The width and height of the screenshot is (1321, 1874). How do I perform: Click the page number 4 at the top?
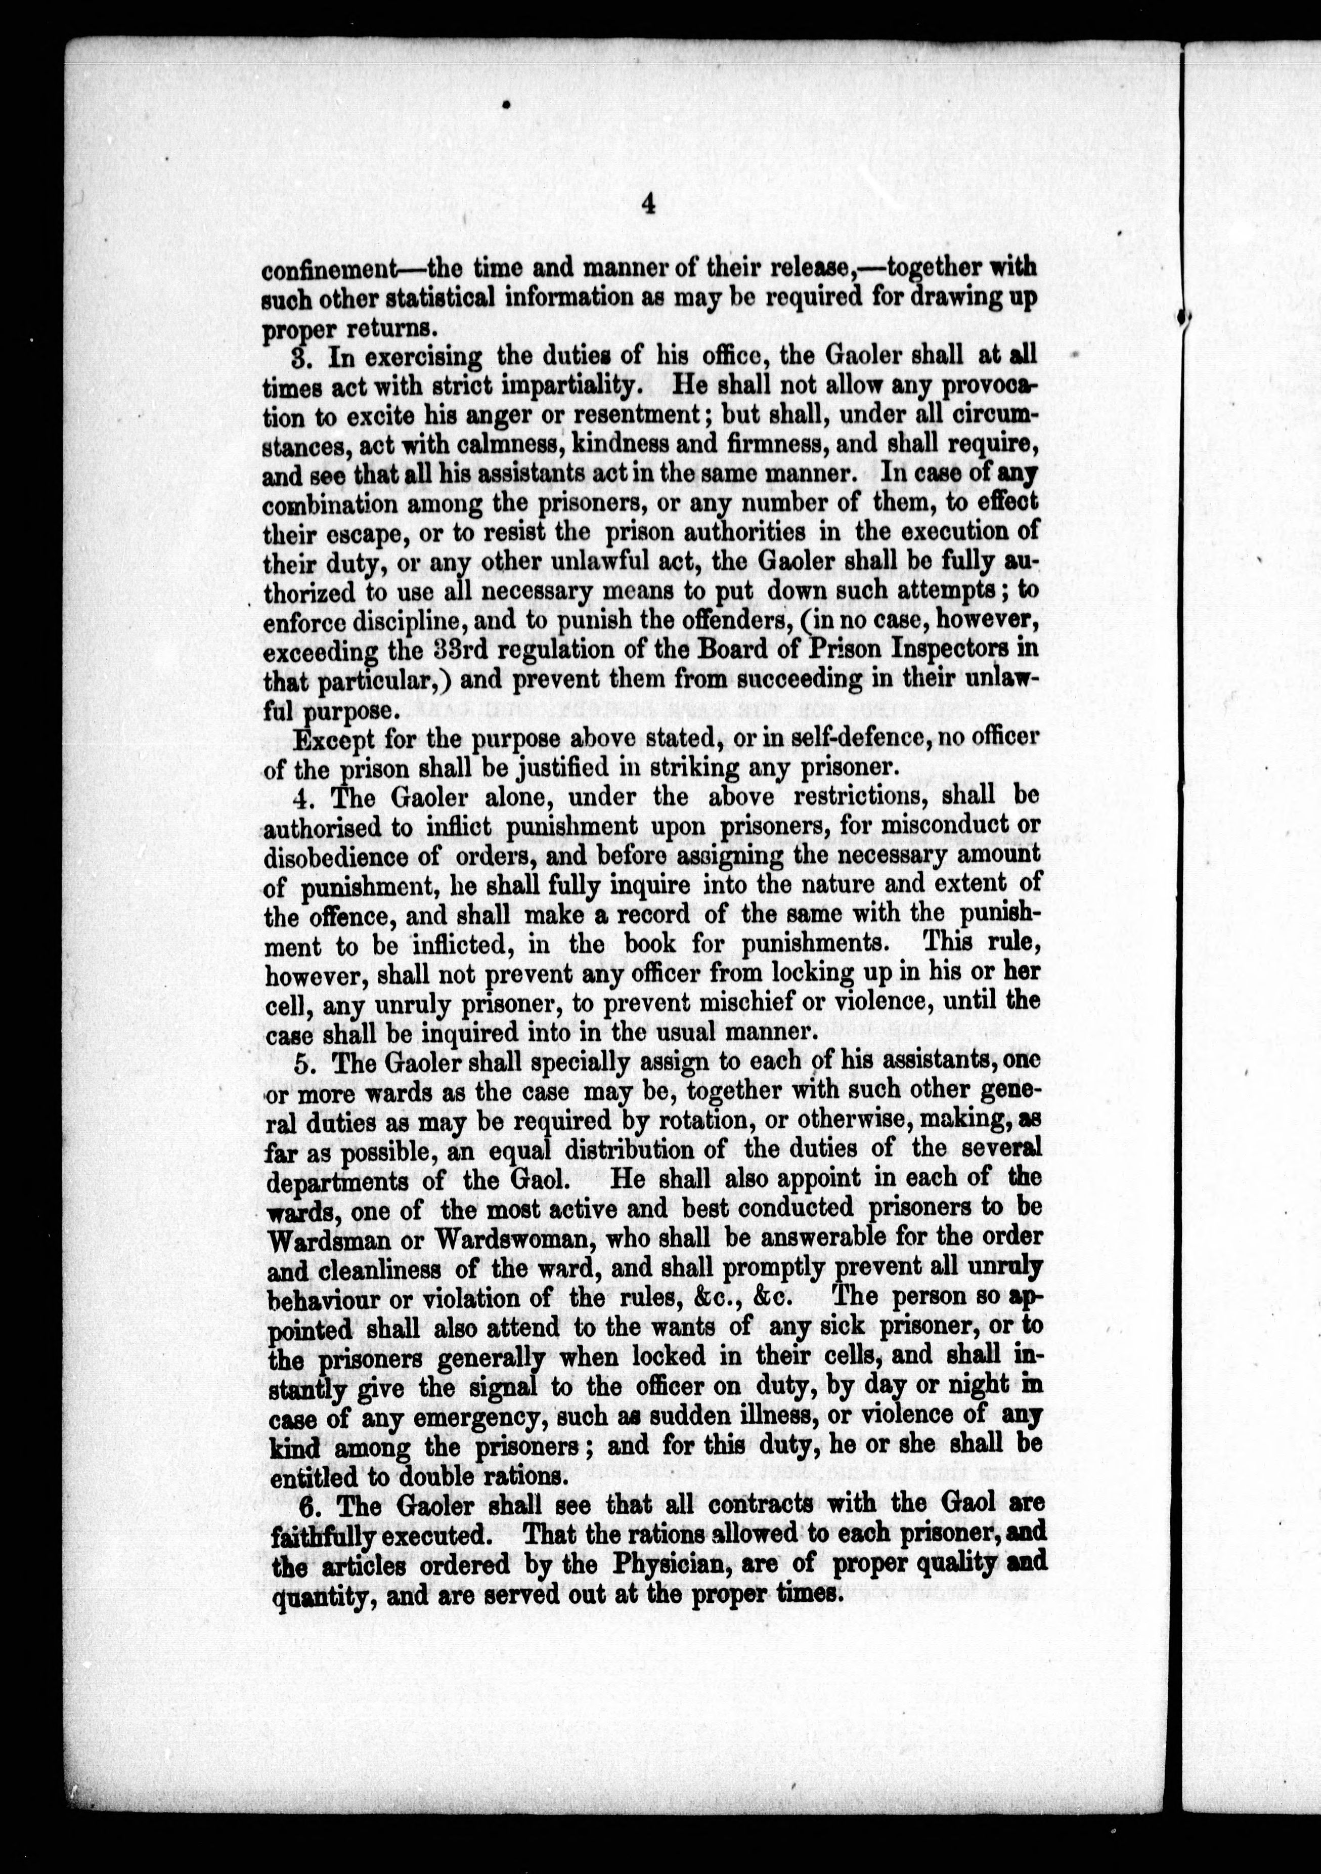649,203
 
